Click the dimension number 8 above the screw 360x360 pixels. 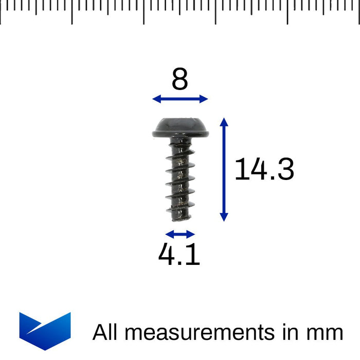(x=180, y=80)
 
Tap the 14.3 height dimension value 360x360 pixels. (x=264, y=169)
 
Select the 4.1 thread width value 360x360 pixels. (x=179, y=255)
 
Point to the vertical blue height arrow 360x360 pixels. (x=224, y=169)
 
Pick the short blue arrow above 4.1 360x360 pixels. (x=181, y=235)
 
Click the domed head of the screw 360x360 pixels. (x=181, y=123)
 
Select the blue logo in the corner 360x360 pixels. (x=45, y=331)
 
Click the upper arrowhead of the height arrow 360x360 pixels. (x=224, y=121)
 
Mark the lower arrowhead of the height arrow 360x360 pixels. (x=224, y=218)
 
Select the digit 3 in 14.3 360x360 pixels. (x=284, y=169)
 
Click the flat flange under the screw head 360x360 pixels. (x=181, y=134)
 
